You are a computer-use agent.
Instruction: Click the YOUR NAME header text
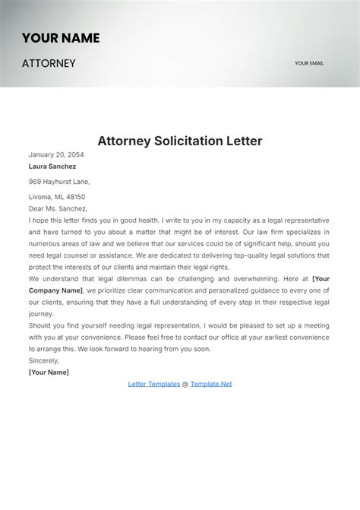click(61, 38)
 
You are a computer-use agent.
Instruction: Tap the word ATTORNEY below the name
click(49, 63)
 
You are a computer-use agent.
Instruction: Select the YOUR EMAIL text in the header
click(309, 64)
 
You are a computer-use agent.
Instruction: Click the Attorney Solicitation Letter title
click(180, 141)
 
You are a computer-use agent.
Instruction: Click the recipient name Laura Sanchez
click(52, 166)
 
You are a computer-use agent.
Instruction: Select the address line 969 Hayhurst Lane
click(59, 182)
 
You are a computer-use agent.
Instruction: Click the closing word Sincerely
click(43, 361)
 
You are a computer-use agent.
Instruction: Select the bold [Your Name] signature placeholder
click(49, 372)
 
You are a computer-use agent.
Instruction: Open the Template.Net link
click(211, 384)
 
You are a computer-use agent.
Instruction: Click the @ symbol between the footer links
click(185, 384)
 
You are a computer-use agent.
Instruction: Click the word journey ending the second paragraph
click(42, 313)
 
